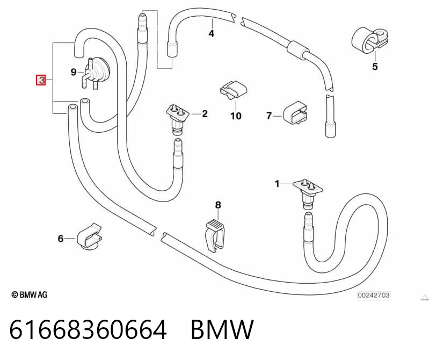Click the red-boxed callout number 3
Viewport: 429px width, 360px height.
41,80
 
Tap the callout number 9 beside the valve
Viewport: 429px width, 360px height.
74,72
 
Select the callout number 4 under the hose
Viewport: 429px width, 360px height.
211,33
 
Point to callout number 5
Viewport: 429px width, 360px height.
375,67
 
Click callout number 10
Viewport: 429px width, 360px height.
236,116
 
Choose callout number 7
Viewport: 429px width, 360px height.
269,116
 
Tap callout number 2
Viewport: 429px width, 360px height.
205,113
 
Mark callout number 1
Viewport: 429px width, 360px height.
277,184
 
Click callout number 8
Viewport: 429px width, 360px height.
218,205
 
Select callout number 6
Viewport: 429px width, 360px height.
61,239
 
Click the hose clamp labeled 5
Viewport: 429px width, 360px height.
369,40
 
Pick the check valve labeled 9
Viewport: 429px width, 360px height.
96,73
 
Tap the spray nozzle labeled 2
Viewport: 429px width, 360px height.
178,119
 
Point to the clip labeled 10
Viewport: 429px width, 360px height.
233,90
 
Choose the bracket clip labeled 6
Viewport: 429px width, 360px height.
89,236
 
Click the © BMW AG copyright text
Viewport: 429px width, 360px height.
30,294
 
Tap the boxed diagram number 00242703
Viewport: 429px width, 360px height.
374,295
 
